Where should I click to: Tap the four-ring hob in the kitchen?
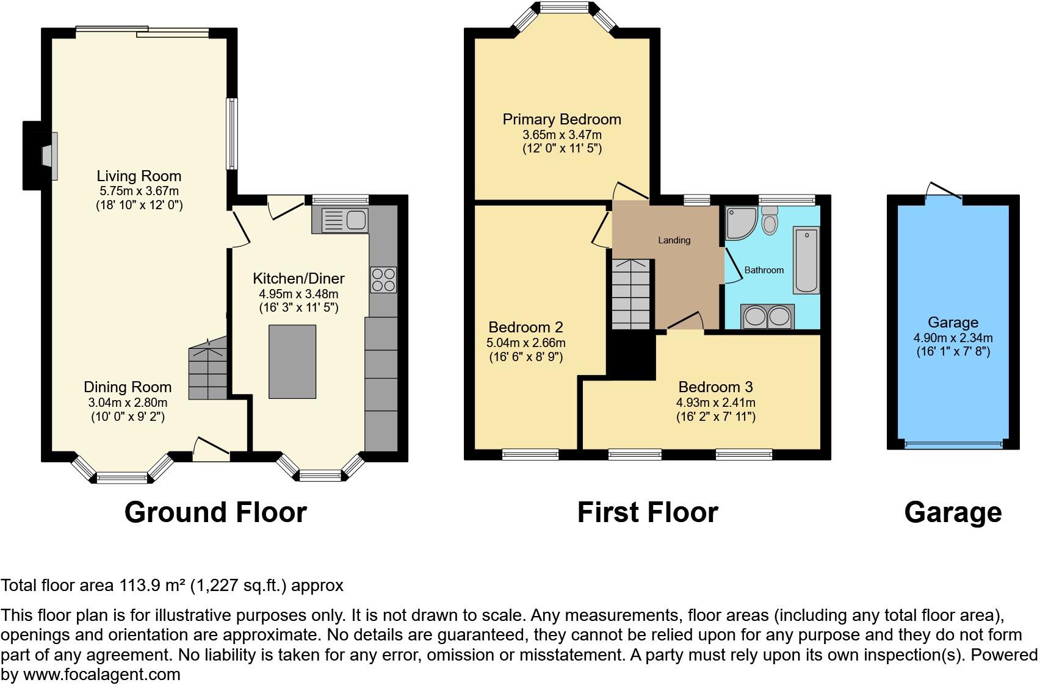pyautogui.click(x=383, y=280)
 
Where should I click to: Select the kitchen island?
pyautogui.click(x=292, y=362)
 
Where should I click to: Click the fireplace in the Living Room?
pyautogui.click(x=48, y=156)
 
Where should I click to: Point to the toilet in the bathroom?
pyautogui.click(x=770, y=220)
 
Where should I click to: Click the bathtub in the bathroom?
pyautogui.click(x=806, y=260)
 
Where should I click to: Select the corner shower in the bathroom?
pyautogui.click(x=740, y=221)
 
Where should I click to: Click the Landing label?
pyautogui.click(x=674, y=240)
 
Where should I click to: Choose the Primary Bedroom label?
pyautogui.click(x=562, y=120)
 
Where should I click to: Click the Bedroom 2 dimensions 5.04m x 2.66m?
pyautogui.click(x=526, y=343)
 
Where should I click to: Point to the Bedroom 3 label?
pyautogui.click(x=715, y=387)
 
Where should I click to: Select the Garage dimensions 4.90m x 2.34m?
pyautogui.click(x=953, y=338)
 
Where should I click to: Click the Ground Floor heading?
pyautogui.click(x=215, y=512)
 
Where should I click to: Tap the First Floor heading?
pyautogui.click(x=648, y=512)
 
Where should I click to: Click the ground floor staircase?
pyautogui.click(x=208, y=372)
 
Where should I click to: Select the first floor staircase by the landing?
pyautogui.click(x=630, y=294)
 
